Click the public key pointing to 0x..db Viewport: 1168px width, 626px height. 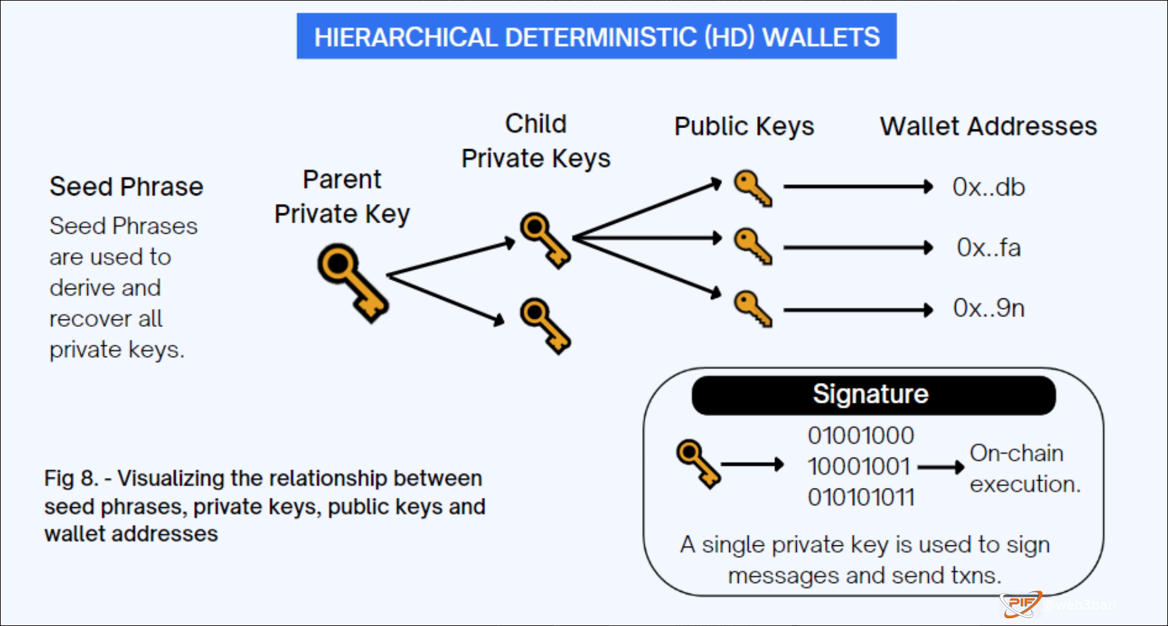pos(752,188)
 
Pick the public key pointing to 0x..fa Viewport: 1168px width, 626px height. pos(752,246)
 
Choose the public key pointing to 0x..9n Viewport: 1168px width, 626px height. pos(752,308)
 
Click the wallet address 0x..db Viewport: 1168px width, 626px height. pos(988,188)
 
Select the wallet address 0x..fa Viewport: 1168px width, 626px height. pos(988,248)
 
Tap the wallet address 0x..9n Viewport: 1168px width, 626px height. pos(988,308)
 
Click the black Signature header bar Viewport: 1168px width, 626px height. pos(873,395)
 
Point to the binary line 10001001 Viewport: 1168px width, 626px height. pos(859,467)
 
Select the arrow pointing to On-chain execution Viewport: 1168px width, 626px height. pos(941,468)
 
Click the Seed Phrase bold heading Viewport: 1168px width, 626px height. pos(126,187)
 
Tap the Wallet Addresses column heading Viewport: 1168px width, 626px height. pos(988,126)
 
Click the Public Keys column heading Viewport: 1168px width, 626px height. pos(744,126)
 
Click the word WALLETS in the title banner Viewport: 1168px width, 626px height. pos(821,37)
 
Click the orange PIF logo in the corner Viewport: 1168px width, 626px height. pos(1020,604)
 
